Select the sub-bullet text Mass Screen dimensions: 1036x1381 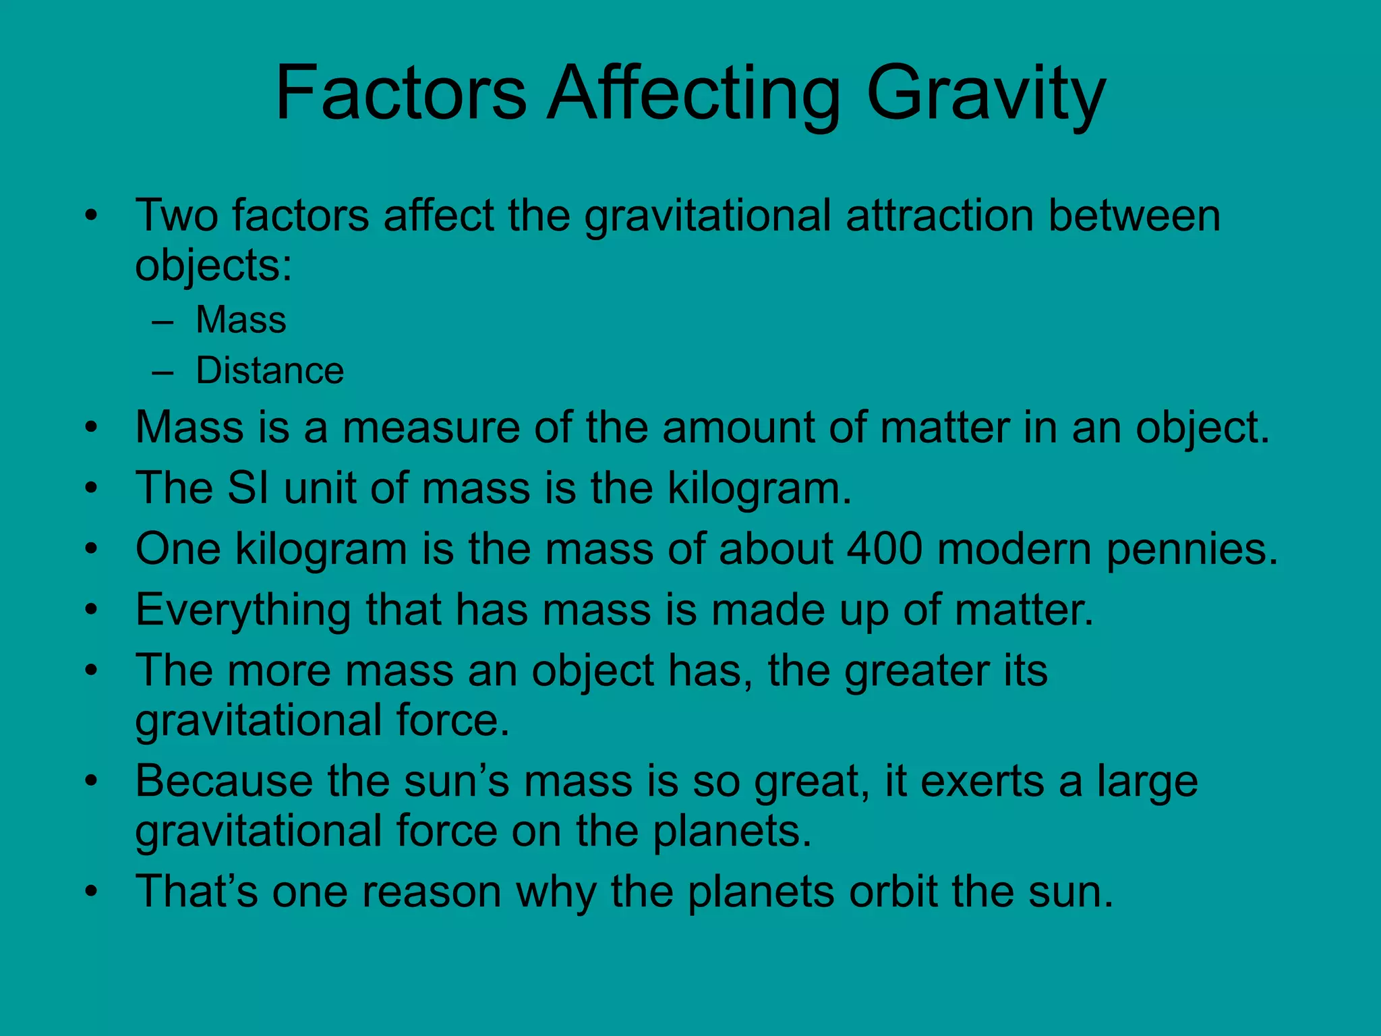(x=241, y=320)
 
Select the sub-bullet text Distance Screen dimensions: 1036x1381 (x=270, y=371)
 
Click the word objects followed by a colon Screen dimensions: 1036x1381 (x=213, y=266)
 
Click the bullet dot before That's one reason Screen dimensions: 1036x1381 (x=92, y=892)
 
